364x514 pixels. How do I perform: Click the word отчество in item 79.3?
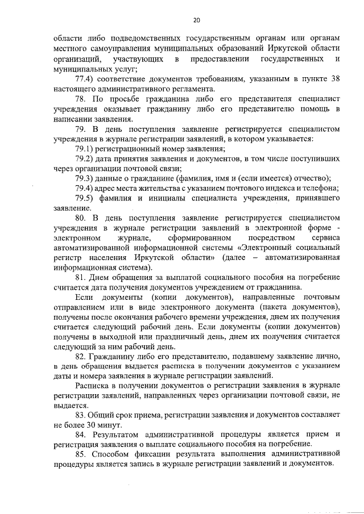pos(310,179)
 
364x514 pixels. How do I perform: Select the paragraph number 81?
pos(81,278)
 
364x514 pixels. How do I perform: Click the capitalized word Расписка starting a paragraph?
pos(93,386)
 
